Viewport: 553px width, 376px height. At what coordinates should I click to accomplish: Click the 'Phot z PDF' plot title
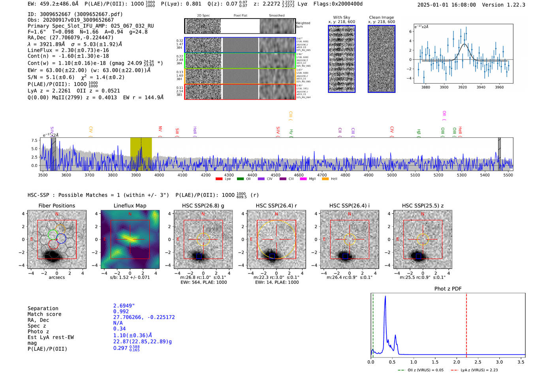point(448,289)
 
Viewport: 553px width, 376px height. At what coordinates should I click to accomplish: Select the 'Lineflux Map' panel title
point(130,206)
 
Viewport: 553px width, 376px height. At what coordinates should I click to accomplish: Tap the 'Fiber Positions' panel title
point(56,206)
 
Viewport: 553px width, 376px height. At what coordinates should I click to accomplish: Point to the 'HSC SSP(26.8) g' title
point(203,206)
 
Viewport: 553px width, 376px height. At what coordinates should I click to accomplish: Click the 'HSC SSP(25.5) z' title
point(423,206)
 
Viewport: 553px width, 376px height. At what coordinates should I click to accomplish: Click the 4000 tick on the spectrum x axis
point(159,175)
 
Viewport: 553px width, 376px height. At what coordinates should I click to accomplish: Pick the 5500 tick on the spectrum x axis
point(508,175)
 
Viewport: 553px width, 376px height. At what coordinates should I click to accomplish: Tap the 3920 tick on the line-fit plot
point(463,87)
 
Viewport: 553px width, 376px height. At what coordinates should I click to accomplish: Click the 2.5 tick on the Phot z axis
point(478,362)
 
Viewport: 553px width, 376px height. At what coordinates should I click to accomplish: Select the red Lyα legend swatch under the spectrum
point(219,179)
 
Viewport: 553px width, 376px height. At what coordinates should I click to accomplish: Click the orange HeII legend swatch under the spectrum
point(325,179)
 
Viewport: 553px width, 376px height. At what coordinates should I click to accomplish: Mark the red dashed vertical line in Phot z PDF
point(466,324)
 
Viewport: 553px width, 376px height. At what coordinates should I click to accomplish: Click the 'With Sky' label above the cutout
point(342,17)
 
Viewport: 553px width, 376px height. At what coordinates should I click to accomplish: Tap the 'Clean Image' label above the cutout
point(382,17)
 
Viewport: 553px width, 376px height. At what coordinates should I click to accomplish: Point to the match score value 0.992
point(121,312)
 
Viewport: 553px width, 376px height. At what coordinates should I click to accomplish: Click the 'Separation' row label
point(43,309)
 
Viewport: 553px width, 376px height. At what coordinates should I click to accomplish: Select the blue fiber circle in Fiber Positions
point(61,238)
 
